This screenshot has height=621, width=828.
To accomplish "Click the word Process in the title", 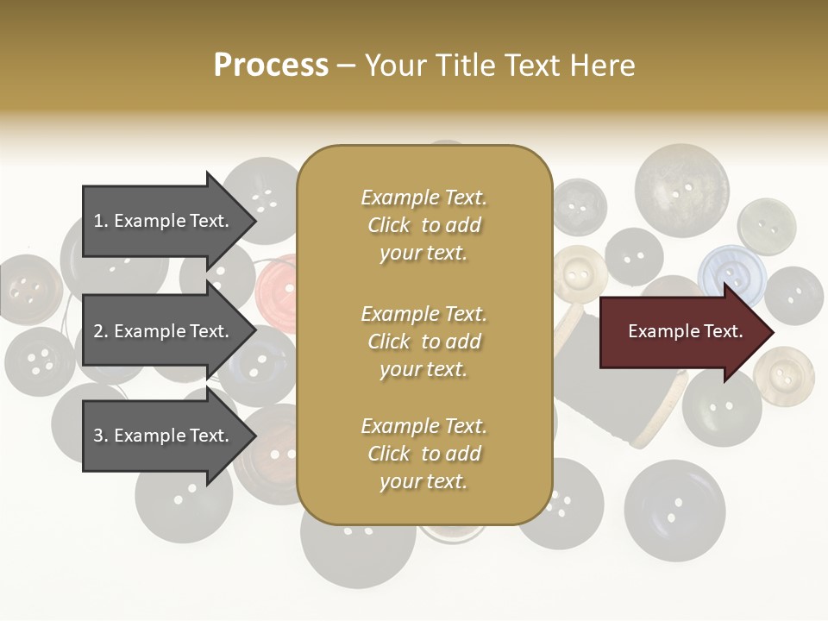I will pos(271,65).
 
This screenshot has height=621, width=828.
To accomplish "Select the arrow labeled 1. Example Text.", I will pos(164,221).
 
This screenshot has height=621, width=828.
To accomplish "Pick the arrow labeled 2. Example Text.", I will pos(164,331).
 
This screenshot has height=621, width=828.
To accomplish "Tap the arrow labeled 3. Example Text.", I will pos(164,436).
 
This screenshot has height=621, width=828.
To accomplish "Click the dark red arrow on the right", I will pos(681,332).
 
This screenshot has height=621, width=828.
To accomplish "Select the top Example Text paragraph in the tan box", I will pos(423,225).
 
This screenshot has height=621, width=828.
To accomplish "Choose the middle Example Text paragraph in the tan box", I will pos(423,341).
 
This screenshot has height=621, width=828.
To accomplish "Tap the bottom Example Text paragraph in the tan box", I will pos(423,454).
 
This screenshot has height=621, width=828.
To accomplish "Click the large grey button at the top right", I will pos(681,191).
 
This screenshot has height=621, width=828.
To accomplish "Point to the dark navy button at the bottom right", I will pos(674,510).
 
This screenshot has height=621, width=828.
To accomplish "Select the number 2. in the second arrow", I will pos(101,331).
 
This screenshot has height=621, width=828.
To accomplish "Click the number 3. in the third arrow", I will pos(101,436).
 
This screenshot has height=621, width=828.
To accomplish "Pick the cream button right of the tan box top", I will pos(580,274).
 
